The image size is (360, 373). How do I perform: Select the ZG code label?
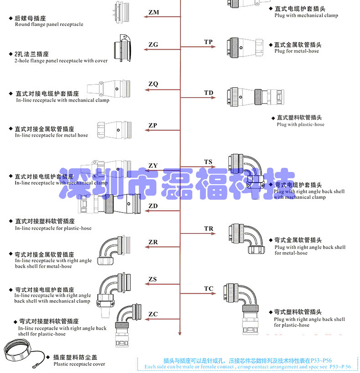point(153,45)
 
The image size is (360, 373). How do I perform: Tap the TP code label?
point(208,42)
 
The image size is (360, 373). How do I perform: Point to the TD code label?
point(208,93)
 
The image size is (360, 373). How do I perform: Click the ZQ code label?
point(153,84)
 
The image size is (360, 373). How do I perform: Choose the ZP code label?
point(153,125)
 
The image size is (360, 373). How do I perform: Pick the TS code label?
point(208,162)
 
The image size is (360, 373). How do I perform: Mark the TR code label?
point(208,228)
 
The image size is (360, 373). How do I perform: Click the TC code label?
point(208,289)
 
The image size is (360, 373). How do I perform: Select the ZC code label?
point(153,314)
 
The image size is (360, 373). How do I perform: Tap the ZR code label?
point(153,242)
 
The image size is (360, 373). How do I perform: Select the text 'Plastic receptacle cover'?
point(79,364)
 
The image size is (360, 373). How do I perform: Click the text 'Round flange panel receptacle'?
point(49,25)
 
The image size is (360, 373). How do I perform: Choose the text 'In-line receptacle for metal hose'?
point(51,135)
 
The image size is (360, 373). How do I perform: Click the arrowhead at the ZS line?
point(147,284)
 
